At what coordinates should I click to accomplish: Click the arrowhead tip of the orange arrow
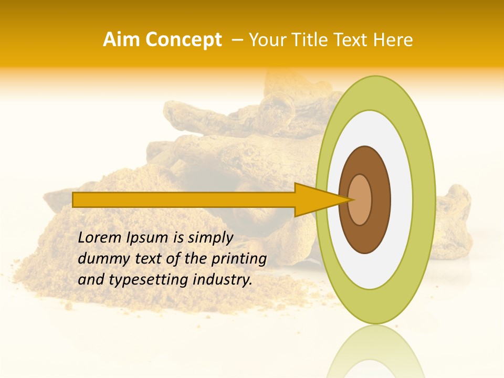[x=351, y=199]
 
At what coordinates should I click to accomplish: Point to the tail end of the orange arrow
[x=75, y=199]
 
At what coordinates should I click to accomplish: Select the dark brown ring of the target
[x=365, y=236]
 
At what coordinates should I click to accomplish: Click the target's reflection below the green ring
[x=375, y=352]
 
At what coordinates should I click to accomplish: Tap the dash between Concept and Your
[x=237, y=40]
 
